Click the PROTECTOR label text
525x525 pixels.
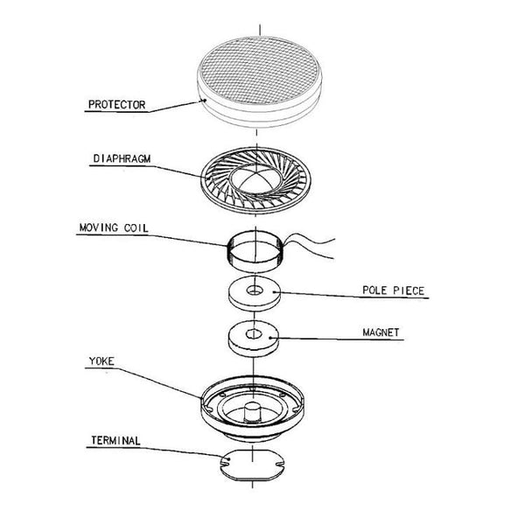pyautogui.click(x=116, y=105)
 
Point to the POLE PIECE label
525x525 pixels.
pyautogui.click(x=394, y=290)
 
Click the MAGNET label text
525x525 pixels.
pyautogui.click(x=381, y=333)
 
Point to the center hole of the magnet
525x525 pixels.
pyautogui.click(x=255, y=333)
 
